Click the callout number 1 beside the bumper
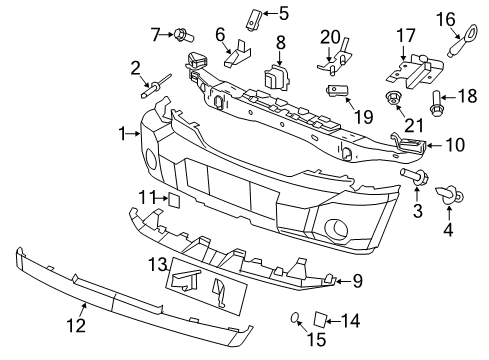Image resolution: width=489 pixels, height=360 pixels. click(122, 133)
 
